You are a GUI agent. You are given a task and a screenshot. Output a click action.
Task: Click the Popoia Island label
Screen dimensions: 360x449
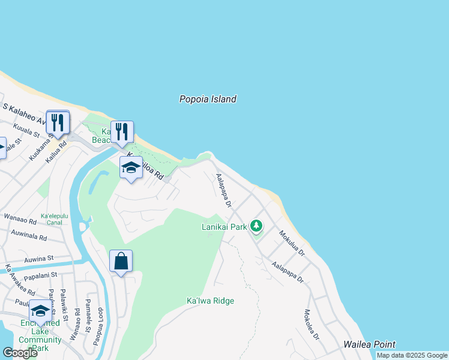coord(208,100)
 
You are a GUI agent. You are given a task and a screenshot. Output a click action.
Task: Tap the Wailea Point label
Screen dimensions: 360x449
coord(369,344)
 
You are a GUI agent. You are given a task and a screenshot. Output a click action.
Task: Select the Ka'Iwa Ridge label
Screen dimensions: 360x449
coord(210,301)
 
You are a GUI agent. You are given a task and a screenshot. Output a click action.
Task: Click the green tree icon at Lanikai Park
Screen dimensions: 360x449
coord(256,226)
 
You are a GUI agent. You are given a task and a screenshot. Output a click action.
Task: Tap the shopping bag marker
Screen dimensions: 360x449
coord(121,262)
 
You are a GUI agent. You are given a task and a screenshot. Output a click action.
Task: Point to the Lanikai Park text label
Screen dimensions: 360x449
coord(224,227)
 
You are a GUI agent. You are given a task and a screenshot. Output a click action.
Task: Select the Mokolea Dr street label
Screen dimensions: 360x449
coord(311,325)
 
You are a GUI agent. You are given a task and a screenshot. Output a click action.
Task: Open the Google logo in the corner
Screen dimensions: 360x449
coord(20,353)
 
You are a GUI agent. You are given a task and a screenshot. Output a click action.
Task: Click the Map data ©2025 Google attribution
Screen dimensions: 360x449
coord(412,356)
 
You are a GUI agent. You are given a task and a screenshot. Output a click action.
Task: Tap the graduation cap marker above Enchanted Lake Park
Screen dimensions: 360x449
coord(40,311)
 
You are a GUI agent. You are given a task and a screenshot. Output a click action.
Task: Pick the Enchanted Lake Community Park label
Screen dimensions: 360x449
coord(40,336)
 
